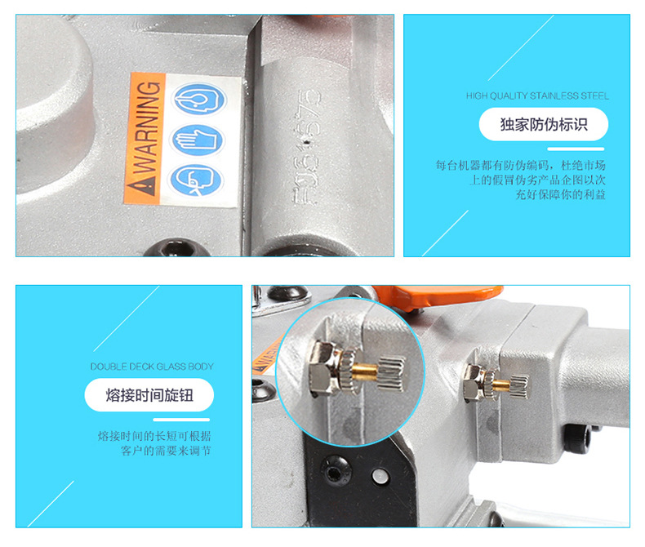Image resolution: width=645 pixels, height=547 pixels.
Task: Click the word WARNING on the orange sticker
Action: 146,128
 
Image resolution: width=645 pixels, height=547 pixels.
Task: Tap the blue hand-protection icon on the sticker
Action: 198,140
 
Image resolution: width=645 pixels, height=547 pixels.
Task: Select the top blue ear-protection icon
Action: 199,99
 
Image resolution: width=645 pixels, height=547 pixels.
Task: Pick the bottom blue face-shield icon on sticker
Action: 196,180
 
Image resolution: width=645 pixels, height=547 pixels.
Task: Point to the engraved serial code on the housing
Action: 306,147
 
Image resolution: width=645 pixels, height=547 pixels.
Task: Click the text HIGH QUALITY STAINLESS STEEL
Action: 537,96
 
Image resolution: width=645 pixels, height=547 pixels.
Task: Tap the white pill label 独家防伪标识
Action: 544,124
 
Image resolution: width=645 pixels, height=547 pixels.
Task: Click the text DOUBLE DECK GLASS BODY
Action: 152,367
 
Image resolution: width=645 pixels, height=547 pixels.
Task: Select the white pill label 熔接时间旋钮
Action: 149,395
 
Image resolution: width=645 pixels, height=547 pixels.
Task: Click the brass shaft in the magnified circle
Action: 365,371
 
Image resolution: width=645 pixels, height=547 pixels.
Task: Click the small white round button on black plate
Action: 380,476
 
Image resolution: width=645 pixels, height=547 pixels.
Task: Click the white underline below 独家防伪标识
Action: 576,149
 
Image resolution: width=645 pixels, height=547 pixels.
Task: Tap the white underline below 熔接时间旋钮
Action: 181,420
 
